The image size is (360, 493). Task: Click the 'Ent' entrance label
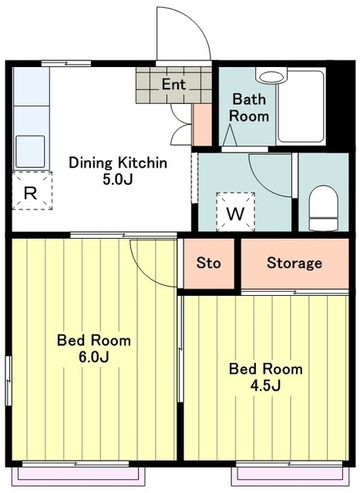coord(173,84)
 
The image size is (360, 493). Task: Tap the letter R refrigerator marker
coord(31,193)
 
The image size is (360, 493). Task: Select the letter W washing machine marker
coord(235,214)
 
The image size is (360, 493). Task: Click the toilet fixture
coord(324,208)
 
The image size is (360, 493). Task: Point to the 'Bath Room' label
coord(248,108)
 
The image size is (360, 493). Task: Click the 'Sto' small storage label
coord(208,263)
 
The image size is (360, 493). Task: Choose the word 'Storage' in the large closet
coord(294,263)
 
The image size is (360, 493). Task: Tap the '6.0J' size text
coord(94,357)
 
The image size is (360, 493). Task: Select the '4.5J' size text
coord(265,385)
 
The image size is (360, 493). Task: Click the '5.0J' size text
coord(118,179)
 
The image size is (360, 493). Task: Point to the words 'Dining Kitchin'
coord(118,163)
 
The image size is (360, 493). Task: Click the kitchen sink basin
coord(30,152)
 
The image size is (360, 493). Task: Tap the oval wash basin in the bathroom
coord(271,76)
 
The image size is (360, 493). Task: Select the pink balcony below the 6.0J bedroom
coord(79,476)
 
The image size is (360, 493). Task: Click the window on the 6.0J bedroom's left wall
coord(8,381)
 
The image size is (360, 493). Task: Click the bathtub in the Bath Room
coord(301,107)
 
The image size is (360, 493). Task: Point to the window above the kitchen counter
coord(66,63)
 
